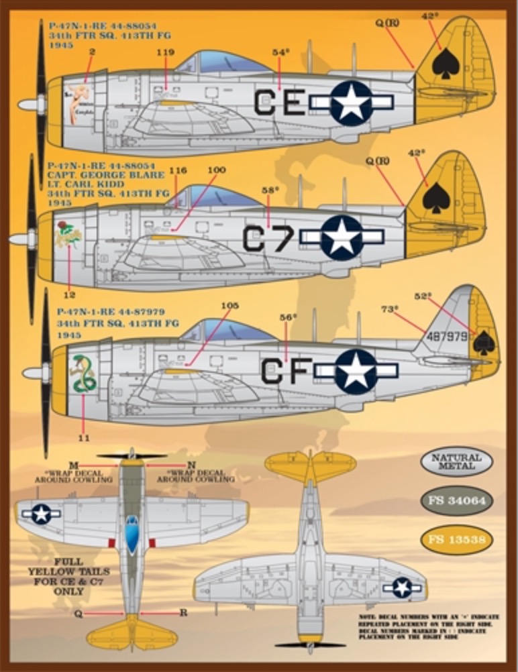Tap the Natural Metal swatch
coord(456,461)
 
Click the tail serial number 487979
coord(447,337)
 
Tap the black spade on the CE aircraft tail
coord(446,63)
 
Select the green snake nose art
coord(84,374)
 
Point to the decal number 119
coord(165,52)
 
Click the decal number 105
coord(229,306)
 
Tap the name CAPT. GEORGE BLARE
coord(105,174)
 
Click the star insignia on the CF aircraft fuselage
coord(356,371)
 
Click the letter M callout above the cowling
coord(74,465)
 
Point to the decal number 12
coord(70,294)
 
